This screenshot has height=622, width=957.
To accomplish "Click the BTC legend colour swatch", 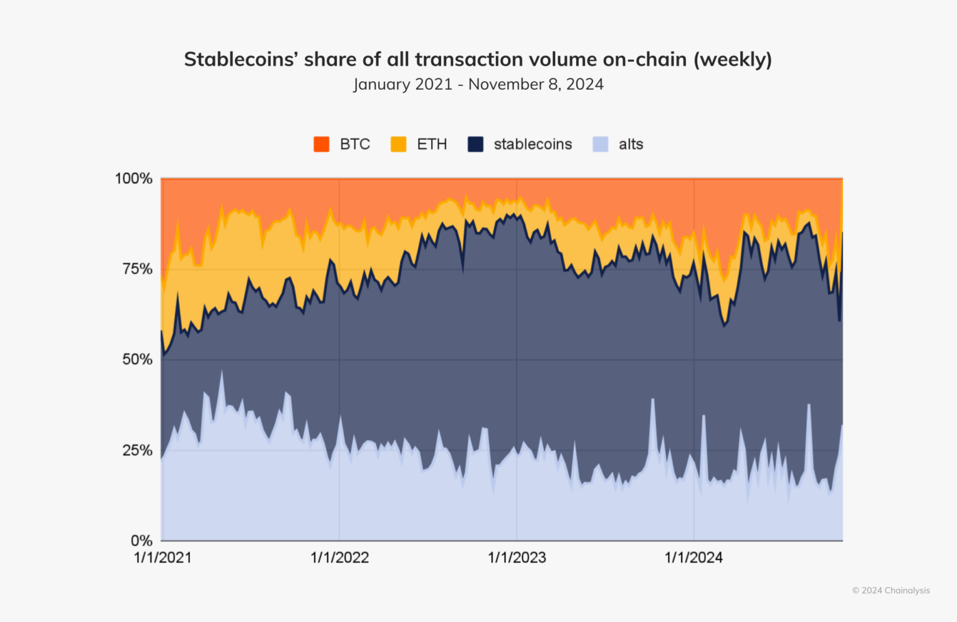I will click(x=321, y=144).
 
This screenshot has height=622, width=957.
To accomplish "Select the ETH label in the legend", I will click(x=432, y=144).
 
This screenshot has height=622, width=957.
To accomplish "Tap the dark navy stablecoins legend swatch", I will click(x=475, y=144).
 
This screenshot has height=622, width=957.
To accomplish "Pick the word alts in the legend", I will click(x=631, y=144).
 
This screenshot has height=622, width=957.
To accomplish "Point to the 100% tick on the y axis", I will click(x=133, y=179).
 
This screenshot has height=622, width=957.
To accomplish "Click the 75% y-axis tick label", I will click(x=137, y=269).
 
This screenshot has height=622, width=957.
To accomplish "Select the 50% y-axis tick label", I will click(x=137, y=360).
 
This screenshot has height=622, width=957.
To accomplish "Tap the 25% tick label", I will click(x=137, y=450).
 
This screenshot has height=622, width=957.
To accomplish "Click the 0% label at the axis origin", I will click(x=141, y=540).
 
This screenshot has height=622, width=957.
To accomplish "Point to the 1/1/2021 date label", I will click(x=163, y=558).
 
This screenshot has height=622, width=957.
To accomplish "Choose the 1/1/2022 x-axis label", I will click(x=340, y=558).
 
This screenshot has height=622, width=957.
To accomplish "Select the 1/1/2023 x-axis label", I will click(x=517, y=558).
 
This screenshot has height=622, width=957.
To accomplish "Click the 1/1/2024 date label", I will click(x=693, y=558).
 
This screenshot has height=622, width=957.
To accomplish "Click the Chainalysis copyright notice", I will click(x=891, y=590).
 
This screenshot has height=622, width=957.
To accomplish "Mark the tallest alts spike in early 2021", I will click(x=221, y=373).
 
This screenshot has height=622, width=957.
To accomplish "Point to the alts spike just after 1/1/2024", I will click(x=703, y=417).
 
